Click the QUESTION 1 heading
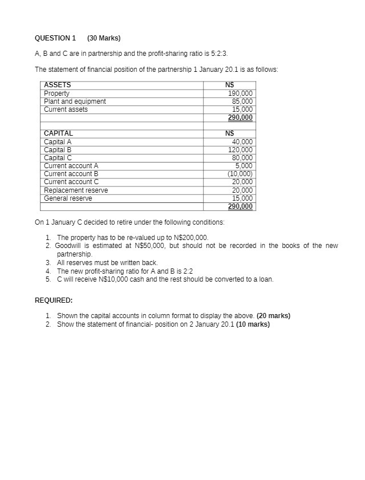pyautogui.click(x=55, y=38)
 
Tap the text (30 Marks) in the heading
pyautogui.click(x=104, y=38)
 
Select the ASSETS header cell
pyautogui.click(x=58, y=85)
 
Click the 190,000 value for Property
pyautogui.click(x=240, y=93)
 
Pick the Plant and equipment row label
pyautogui.click(x=75, y=101)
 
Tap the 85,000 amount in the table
pyautogui.click(x=242, y=101)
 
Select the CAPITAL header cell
pyautogui.click(x=59, y=133)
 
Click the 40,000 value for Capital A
pyautogui.click(x=242, y=141)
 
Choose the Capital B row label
pyautogui.click(x=58, y=149)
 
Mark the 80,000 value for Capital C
pyautogui.click(x=242, y=157)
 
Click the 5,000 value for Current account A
pyautogui.click(x=244, y=165)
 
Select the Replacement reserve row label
pyautogui.click(x=76, y=190)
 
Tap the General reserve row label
pyautogui.click(x=68, y=198)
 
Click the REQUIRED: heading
pyautogui.click(x=54, y=300)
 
